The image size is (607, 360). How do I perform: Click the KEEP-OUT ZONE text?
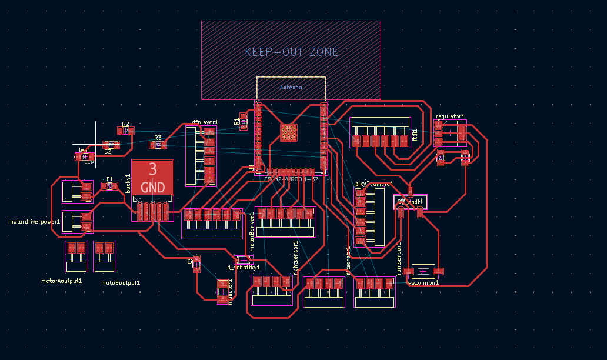coord(292,52)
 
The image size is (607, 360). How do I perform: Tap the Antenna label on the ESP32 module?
coord(291,88)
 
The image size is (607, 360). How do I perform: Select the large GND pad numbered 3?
coord(152,177)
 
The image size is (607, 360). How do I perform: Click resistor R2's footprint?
coord(125,131)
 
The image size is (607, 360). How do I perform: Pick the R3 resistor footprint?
coord(158,144)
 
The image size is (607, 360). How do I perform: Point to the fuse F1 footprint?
coord(109,186)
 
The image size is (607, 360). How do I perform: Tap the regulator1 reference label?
coord(450,116)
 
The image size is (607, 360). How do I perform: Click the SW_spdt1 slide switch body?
coord(410,202)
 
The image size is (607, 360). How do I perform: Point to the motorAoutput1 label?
coord(61,281)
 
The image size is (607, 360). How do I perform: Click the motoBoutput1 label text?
coord(121,283)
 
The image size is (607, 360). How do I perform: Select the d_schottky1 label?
coord(243,268)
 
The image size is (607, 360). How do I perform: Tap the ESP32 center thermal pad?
coord(288,132)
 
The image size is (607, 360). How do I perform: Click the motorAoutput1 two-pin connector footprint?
coord(76,256)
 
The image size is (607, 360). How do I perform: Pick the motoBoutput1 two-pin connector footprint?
coord(105,256)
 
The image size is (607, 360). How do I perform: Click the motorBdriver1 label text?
coord(252,232)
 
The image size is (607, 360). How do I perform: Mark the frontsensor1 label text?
coord(399,259)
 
